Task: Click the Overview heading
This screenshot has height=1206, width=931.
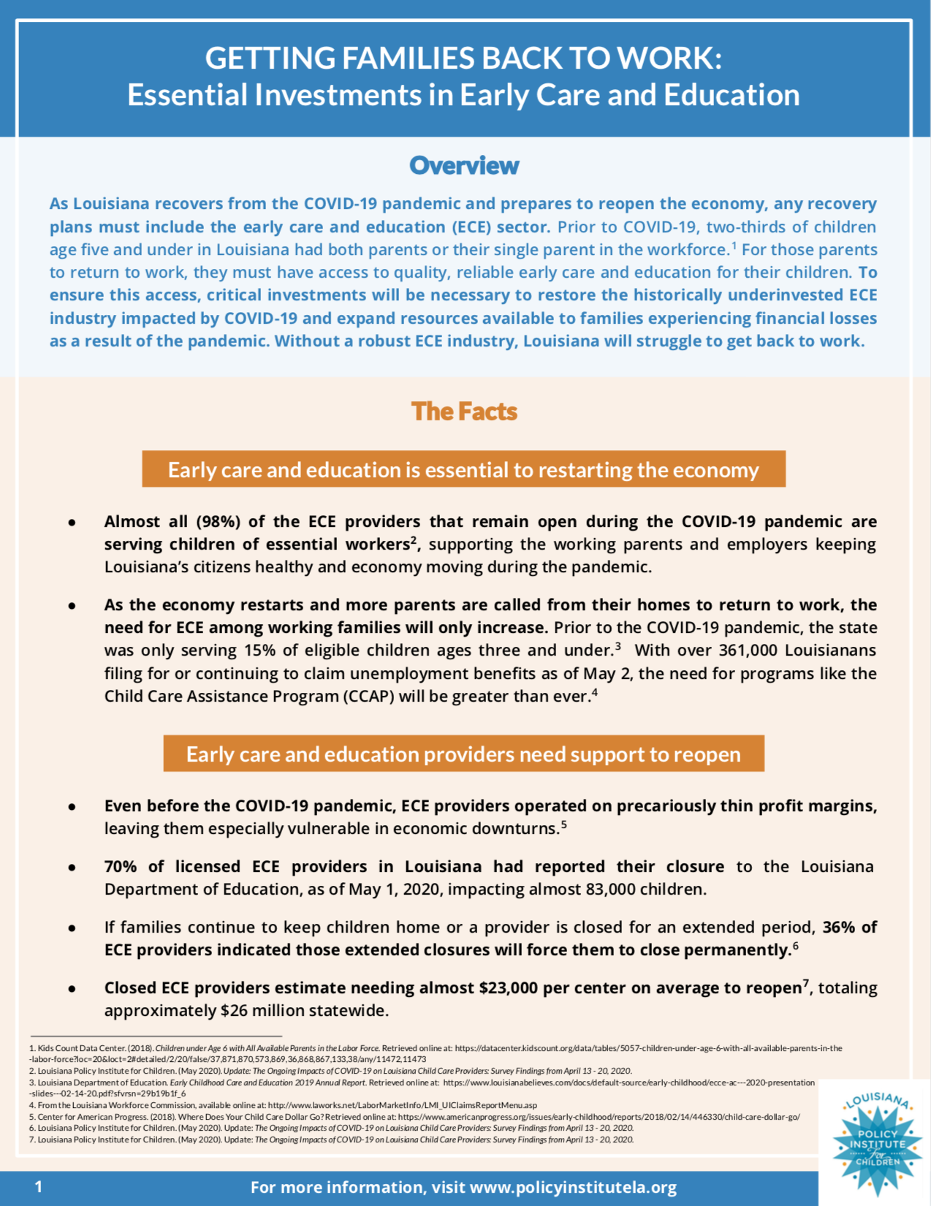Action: [x=464, y=166]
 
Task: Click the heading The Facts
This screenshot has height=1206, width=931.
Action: [x=464, y=412]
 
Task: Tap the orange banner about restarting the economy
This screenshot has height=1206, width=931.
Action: [x=463, y=469]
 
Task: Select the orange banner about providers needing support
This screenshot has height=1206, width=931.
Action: [x=463, y=754]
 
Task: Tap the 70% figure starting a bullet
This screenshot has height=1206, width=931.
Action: [x=121, y=867]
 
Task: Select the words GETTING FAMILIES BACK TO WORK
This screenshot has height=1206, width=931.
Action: [x=463, y=58]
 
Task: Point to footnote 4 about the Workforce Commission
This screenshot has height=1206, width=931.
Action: [x=285, y=1105]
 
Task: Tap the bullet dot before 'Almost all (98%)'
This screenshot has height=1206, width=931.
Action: [x=72, y=523]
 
